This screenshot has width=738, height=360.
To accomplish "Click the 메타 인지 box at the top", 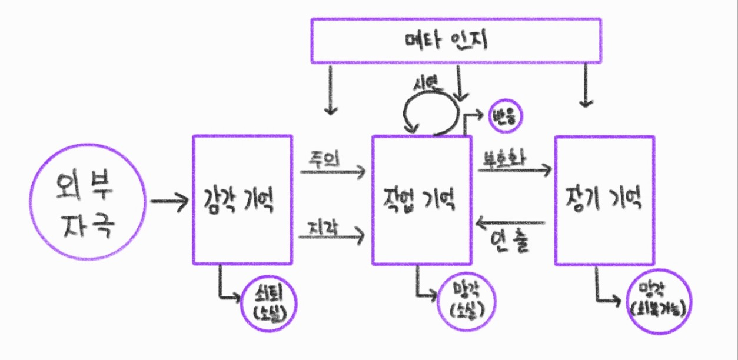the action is click(x=456, y=40).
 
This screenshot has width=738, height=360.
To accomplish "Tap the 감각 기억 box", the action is click(x=242, y=200).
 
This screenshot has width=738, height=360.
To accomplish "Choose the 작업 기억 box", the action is click(x=421, y=200).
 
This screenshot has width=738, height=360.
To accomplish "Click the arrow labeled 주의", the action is click(x=333, y=172).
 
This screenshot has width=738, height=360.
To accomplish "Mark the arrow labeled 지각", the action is click(x=333, y=237).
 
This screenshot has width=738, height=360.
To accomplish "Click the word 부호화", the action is click(x=503, y=159).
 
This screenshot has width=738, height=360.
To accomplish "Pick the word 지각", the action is click(x=323, y=227).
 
